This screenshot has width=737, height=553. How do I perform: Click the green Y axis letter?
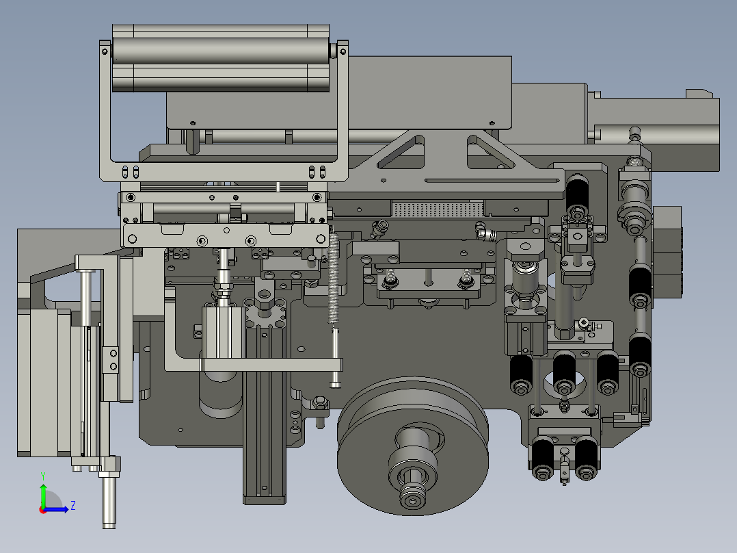43,476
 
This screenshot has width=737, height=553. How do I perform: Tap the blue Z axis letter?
73,506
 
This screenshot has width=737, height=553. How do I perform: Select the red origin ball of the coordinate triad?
43,510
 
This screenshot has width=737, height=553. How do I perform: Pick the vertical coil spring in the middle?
334,278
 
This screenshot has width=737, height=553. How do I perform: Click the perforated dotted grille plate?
438,209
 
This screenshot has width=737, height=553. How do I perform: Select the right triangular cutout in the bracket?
490,152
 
